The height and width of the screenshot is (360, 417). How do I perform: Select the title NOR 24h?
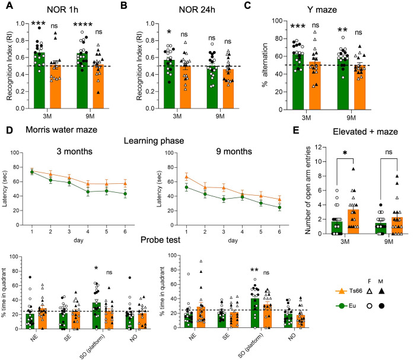pos(175,8)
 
